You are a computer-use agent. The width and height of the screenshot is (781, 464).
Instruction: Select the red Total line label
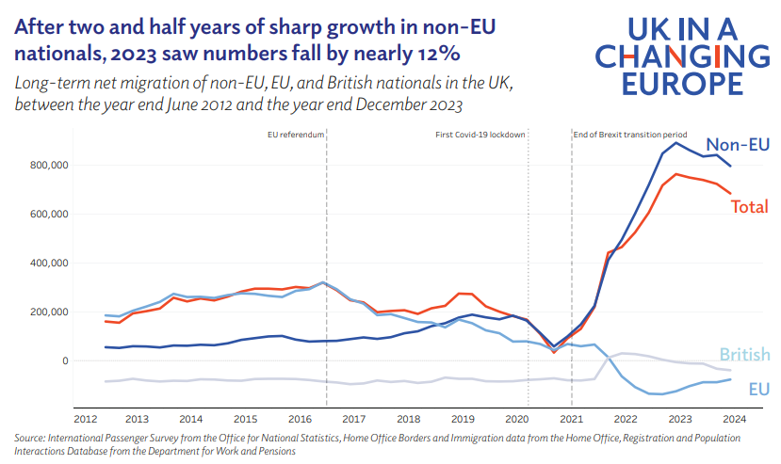[x=750, y=206]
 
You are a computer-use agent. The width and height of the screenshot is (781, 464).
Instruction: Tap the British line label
[x=745, y=355]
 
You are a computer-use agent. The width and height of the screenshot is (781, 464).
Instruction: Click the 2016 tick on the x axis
[x=299, y=419]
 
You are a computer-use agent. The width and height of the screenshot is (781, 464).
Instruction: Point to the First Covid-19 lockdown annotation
[x=480, y=135]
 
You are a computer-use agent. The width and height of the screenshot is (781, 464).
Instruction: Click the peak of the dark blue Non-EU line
[x=675, y=142]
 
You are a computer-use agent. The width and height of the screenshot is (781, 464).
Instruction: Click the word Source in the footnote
[x=31, y=438]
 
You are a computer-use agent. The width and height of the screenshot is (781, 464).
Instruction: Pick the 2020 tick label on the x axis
[x=516, y=419]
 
